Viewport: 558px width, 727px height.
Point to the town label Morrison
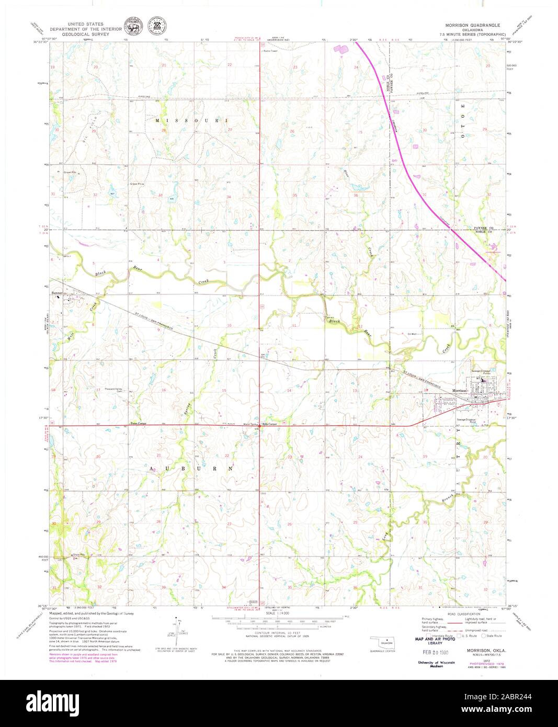point(459,391)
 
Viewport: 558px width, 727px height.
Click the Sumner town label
point(57,293)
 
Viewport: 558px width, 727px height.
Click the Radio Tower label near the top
point(270,51)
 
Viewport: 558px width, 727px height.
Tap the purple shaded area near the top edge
point(340,49)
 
